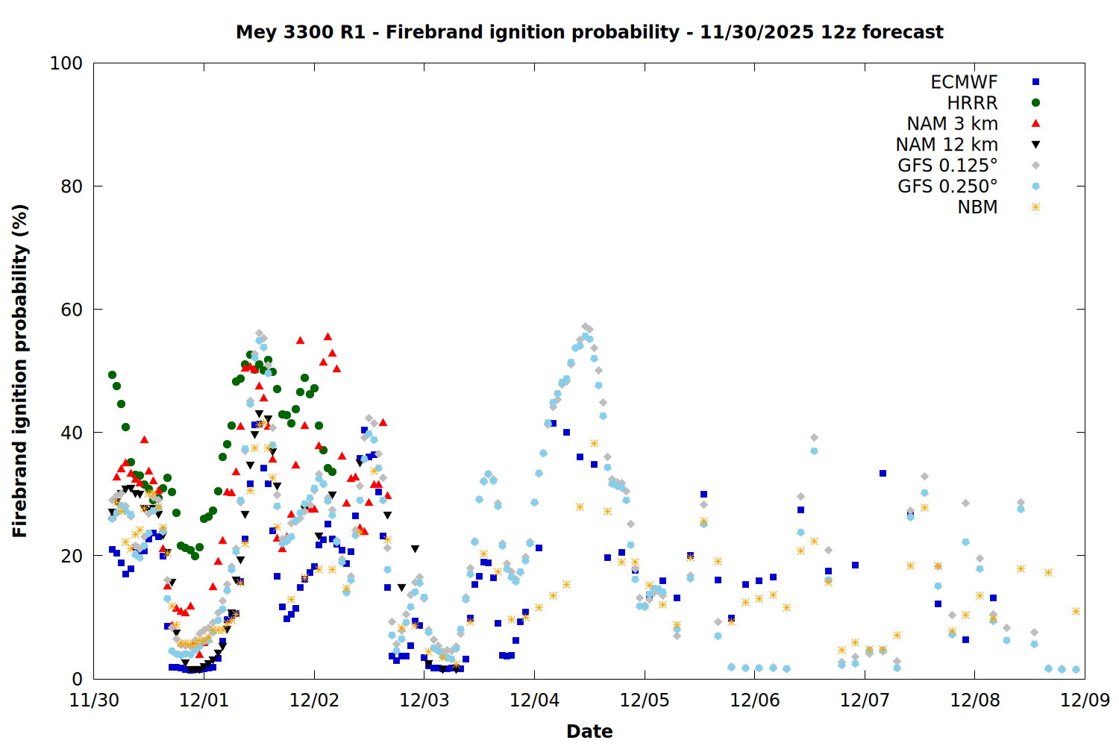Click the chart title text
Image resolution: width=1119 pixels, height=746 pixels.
tap(589, 32)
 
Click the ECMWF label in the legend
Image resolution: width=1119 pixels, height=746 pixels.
tap(964, 82)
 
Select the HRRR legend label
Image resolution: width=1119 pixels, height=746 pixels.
tap(972, 103)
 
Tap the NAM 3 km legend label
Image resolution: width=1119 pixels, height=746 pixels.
tap(952, 124)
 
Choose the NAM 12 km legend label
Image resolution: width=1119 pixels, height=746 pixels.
tap(947, 145)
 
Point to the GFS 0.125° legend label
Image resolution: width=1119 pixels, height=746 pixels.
tap(947, 166)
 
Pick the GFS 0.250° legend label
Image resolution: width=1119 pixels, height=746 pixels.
tap(947, 186)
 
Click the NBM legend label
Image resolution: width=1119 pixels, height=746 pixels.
tap(977, 207)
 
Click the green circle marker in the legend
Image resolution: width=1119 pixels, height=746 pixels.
tap(1035, 103)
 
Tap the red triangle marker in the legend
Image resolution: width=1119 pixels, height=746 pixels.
tap(1035, 123)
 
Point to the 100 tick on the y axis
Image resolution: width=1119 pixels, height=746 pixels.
tap(66, 63)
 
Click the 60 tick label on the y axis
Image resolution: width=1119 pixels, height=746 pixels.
tap(72, 310)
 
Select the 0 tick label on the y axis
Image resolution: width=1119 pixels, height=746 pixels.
tap(77, 679)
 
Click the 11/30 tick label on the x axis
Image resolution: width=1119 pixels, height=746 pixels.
tap(94, 700)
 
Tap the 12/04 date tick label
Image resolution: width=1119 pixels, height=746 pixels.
tap(534, 700)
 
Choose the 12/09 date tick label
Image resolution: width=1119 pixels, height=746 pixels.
tap(1085, 700)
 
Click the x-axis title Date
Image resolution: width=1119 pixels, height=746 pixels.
tap(589, 731)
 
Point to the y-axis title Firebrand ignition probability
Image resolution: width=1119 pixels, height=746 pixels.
tap(20, 371)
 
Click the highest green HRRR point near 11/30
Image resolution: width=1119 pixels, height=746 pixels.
tap(112, 374)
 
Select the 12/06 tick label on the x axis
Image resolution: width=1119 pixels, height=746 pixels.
tap(754, 700)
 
